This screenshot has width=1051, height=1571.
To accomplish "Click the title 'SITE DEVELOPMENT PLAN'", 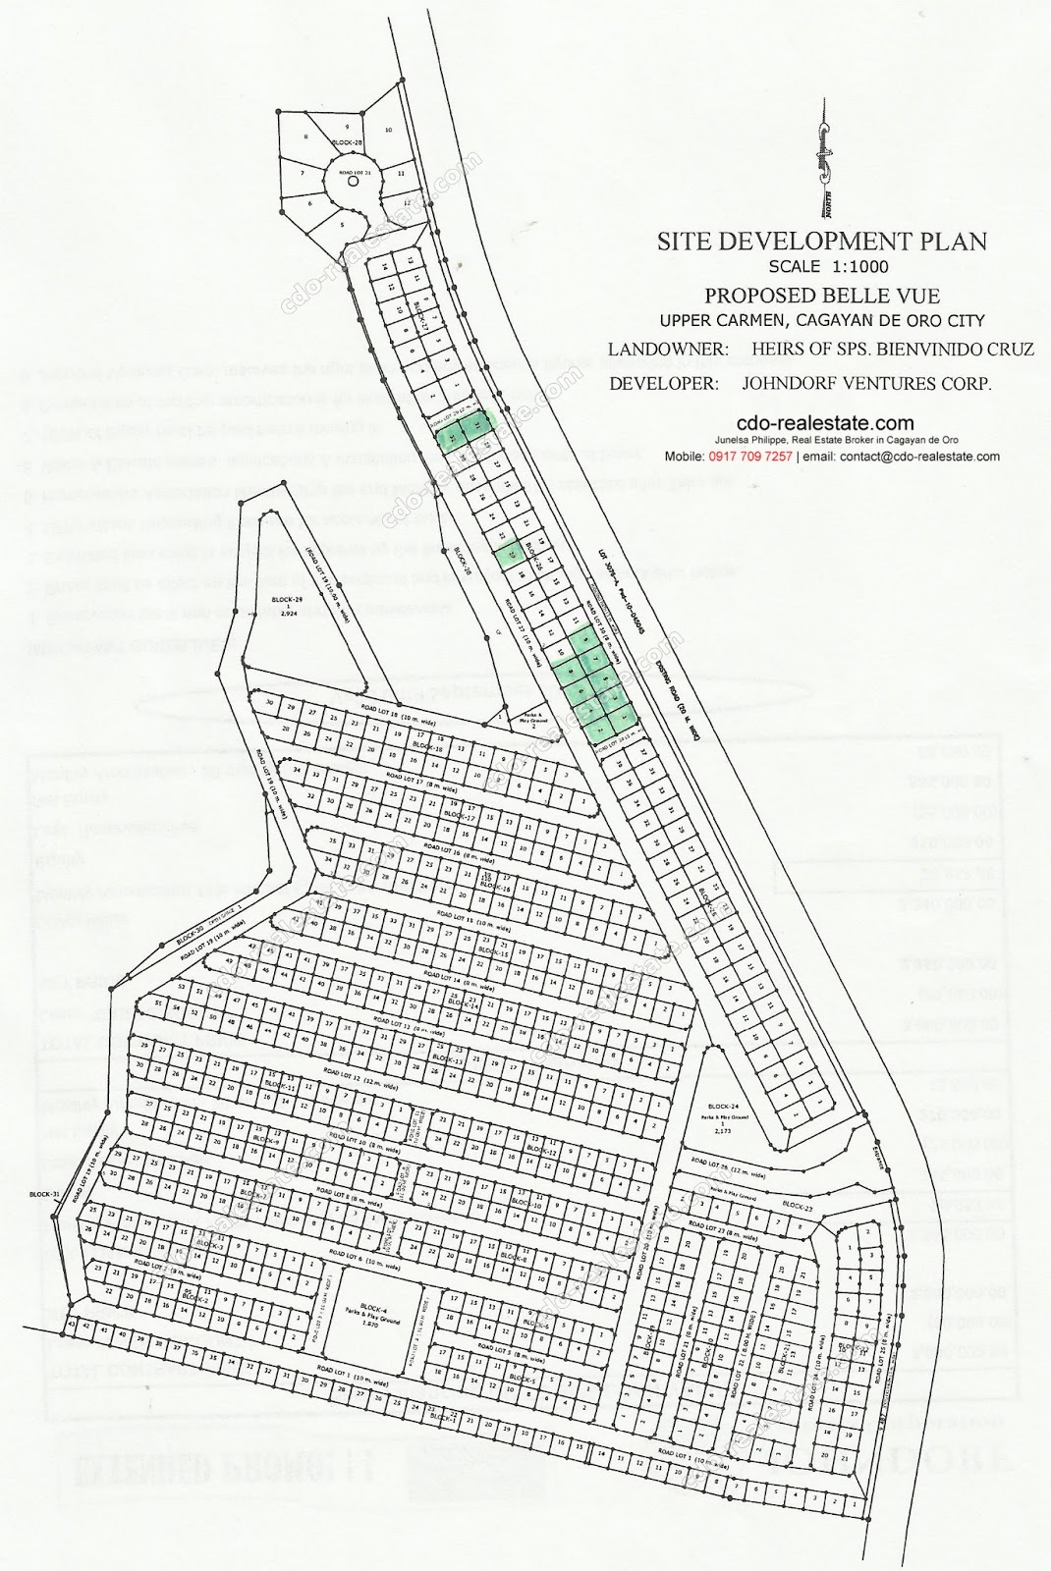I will click(822, 242).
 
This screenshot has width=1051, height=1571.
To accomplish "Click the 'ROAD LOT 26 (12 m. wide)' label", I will click(724, 1166).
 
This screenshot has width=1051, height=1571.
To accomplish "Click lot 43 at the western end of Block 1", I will click(71, 1325).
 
